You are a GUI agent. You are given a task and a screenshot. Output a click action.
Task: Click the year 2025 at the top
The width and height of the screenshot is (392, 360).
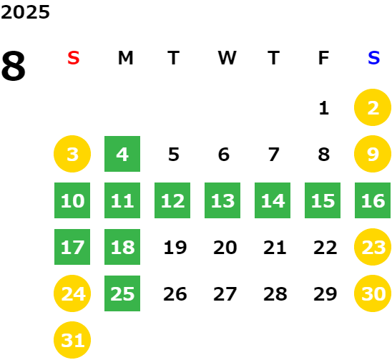(x=25, y=12)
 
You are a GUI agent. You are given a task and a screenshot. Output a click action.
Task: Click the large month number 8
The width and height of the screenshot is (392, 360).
(x=14, y=66)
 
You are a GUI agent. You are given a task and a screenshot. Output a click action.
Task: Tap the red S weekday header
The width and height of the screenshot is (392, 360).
(x=74, y=58)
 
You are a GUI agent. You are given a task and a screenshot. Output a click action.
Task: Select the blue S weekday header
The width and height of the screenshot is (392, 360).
(x=373, y=58)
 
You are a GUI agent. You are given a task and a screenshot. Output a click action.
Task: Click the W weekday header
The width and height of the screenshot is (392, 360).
(x=227, y=58)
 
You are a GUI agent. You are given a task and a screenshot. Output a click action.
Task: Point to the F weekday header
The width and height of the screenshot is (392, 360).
(x=323, y=58)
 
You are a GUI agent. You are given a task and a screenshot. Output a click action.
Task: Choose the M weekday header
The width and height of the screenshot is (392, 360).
(x=125, y=58)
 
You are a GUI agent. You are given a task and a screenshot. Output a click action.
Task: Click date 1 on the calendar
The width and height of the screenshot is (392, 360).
(x=324, y=108)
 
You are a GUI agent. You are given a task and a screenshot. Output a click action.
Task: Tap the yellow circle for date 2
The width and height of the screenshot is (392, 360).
(x=373, y=107)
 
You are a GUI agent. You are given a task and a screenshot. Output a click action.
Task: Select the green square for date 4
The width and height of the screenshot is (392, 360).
(x=122, y=154)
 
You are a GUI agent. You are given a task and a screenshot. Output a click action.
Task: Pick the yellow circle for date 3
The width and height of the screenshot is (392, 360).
(x=72, y=154)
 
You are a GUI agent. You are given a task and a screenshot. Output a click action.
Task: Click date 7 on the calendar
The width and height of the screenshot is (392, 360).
(x=274, y=154)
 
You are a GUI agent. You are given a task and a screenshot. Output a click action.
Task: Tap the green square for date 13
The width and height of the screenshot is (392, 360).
(x=222, y=200)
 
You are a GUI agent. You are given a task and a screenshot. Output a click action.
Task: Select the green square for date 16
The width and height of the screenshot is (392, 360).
(x=373, y=200)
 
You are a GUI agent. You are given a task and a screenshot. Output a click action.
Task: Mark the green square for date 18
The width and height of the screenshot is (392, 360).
(x=122, y=247)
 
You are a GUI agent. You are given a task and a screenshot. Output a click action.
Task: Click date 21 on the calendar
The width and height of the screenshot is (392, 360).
(x=275, y=248)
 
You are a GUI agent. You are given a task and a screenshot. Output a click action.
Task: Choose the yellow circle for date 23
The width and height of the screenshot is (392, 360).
(x=373, y=247)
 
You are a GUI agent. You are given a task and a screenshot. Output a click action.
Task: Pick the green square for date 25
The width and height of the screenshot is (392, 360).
(x=122, y=293)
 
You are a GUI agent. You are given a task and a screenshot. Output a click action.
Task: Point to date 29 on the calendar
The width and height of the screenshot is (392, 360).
(x=325, y=294)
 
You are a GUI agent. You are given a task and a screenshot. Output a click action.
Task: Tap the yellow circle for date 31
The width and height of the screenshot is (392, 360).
(x=72, y=340)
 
